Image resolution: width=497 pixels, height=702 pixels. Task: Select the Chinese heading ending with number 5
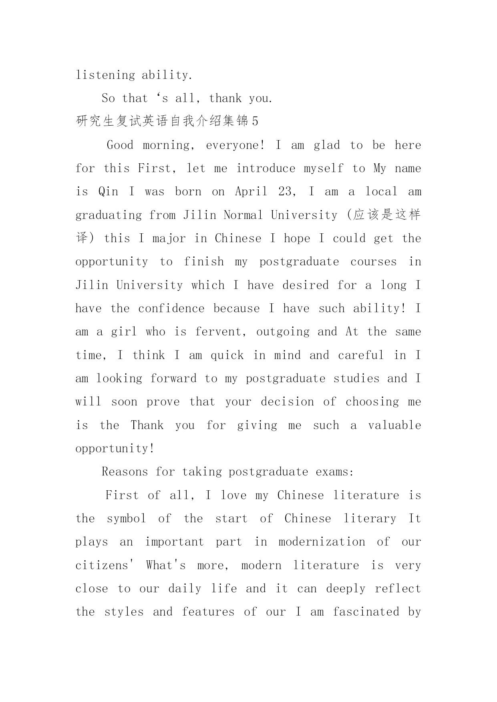167,121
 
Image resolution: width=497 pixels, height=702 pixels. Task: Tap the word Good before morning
120,145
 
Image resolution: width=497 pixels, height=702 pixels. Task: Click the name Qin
108,192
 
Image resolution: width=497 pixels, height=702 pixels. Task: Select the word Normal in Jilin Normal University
243,215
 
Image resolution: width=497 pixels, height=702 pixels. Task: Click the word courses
374,262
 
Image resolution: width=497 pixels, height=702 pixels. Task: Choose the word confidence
171,309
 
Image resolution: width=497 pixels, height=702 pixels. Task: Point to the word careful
361,355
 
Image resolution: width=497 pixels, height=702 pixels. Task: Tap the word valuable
394,425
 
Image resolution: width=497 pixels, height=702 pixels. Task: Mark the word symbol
126,519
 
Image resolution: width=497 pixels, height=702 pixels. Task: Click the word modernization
322,542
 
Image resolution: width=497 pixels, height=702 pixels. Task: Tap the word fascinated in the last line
366,612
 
